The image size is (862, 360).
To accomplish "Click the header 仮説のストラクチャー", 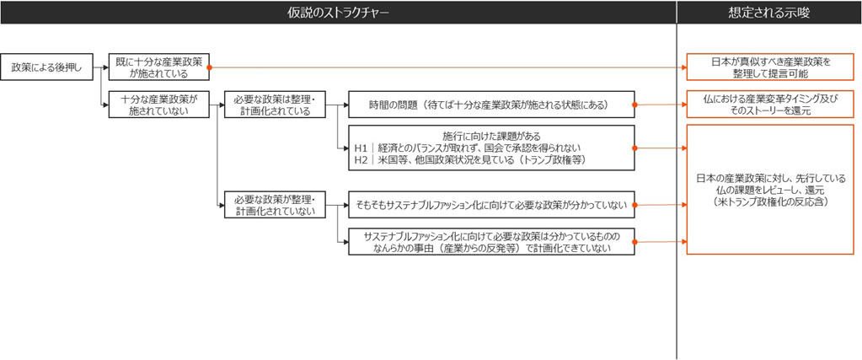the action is [x=338, y=13].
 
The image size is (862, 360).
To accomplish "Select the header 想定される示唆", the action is [x=769, y=13].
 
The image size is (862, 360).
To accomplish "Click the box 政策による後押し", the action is [x=46, y=67].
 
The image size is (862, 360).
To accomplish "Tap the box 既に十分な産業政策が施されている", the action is [x=159, y=67].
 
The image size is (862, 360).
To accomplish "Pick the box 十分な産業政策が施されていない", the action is [x=159, y=104].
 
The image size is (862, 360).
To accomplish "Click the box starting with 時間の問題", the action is [x=491, y=104].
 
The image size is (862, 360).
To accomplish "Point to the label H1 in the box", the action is [x=361, y=148].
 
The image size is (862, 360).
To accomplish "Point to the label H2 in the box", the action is [x=361, y=160].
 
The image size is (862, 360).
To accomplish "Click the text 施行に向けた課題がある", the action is [x=491, y=136].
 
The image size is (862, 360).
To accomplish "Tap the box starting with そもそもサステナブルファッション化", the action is [x=491, y=205].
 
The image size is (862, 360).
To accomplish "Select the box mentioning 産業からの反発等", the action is [x=491, y=242].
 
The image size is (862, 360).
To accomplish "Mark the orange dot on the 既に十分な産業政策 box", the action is [x=210, y=67].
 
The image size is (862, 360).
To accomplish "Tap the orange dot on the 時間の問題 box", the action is [x=635, y=104].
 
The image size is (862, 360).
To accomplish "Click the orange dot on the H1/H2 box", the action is [x=635, y=148].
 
